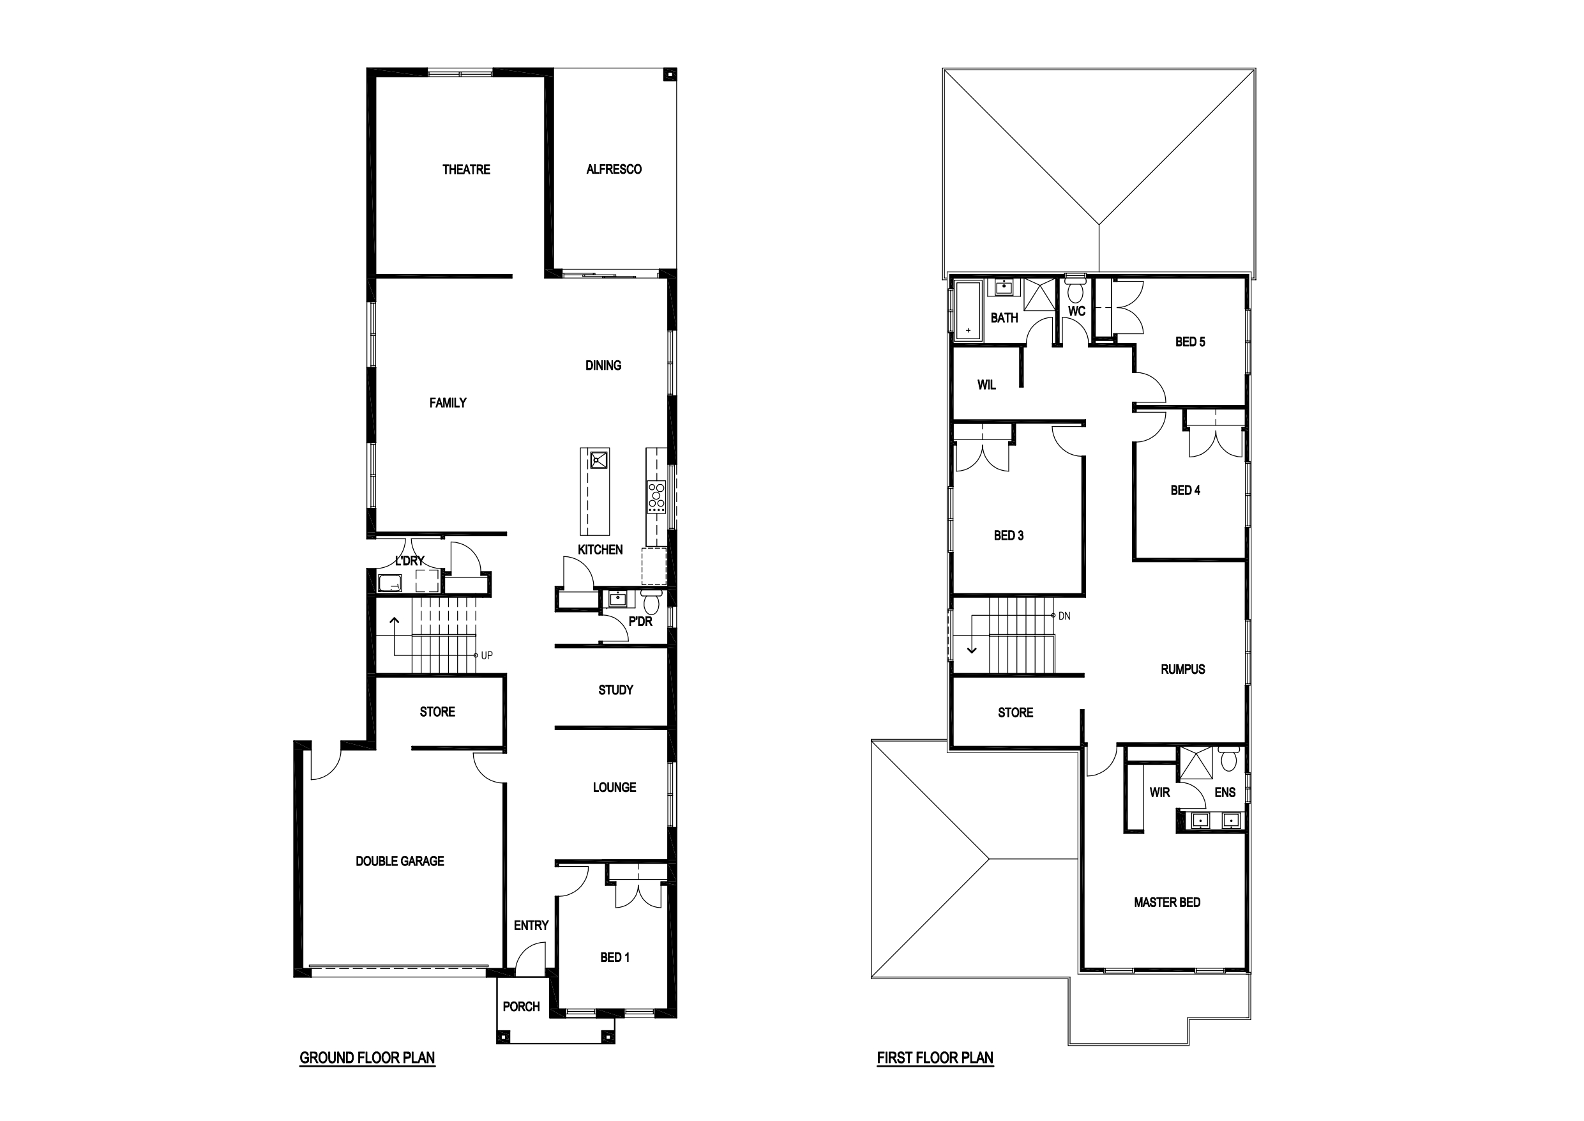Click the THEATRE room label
pyautogui.click(x=466, y=170)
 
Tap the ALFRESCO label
pyautogui.click(x=614, y=170)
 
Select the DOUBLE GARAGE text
pyautogui.click(x=400, y=862)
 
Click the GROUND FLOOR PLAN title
pyautogui.click(x=367, y=1058)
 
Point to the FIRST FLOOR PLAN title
pyautogui.click(x=935, y=1058)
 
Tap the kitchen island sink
pyautogui.click(x=598, y=459)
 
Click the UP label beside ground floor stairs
pyautogui.click(x=487, y=656)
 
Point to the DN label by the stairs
pyautogui.click(x=1064, y=616)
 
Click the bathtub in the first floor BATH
pyautogui.click(x=969, y=311)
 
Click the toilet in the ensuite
pyautogui.click(x=1229, y=759)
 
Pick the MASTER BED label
pyautogui.click(x=1167, y=903)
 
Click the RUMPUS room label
pyautogui.click(x=1183, y=669)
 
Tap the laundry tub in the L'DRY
pyautogui.click(x=391, y=583)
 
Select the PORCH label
pyautogui.click(x=522, y=1007)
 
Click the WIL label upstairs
pyautogui.click(x=986, y=385)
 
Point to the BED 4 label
pyautogui.click(x=1185, y=491)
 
